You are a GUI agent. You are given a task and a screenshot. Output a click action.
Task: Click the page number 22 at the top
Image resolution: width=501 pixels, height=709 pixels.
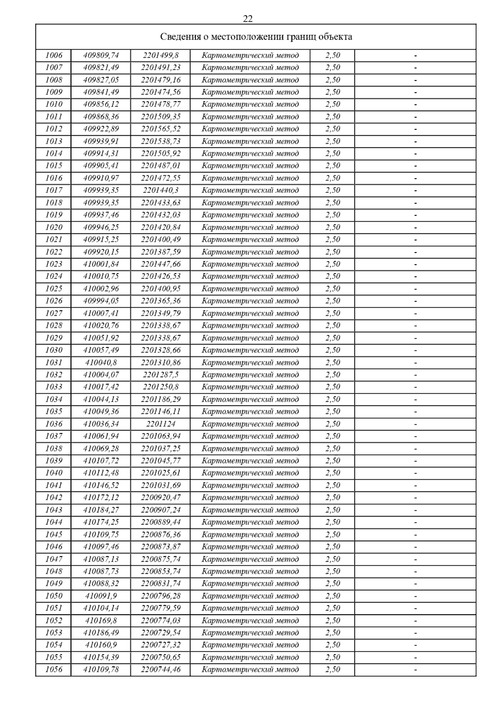click(248, 19)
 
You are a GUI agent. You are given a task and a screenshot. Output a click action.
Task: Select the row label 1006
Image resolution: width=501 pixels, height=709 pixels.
click(53, 55)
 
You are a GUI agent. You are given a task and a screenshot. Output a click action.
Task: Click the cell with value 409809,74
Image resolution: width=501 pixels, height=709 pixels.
click(101, 55)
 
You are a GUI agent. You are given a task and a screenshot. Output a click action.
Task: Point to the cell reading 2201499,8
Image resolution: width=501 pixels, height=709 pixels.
click(161, 55)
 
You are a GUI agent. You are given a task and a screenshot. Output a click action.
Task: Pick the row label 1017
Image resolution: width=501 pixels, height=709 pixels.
click(53, 190)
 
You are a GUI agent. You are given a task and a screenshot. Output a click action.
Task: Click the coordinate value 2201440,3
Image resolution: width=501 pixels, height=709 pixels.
click(161, 190)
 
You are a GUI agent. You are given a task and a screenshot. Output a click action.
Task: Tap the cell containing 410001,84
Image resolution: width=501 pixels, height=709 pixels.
click(101, 264)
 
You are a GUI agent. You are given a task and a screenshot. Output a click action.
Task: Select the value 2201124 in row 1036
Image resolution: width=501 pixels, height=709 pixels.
click(161, 424)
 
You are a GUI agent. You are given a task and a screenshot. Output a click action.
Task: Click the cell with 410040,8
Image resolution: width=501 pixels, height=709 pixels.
click(101, 362)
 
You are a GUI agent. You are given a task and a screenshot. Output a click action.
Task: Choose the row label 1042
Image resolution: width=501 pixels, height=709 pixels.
click(53, 497)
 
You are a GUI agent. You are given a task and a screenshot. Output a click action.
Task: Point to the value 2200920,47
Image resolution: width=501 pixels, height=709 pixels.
click(161, 497)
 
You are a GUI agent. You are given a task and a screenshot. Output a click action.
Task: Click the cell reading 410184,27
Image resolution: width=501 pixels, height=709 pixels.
click(101, 510)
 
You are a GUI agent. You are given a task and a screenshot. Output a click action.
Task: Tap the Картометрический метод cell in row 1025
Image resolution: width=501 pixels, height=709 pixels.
click(250, 289)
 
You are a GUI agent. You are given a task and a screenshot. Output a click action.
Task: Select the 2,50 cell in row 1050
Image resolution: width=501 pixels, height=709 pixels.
click(333, 596)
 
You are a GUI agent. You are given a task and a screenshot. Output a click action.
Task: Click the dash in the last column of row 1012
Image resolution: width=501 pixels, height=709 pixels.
click(415, 129)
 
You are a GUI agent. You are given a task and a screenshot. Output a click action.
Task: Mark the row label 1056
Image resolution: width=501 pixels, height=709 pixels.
click(53, 669)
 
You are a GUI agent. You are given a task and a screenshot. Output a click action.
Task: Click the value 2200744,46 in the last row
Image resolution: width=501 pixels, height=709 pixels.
click(161, 669)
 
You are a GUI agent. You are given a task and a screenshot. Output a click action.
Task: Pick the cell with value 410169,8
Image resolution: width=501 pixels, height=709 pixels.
click(101, 620)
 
